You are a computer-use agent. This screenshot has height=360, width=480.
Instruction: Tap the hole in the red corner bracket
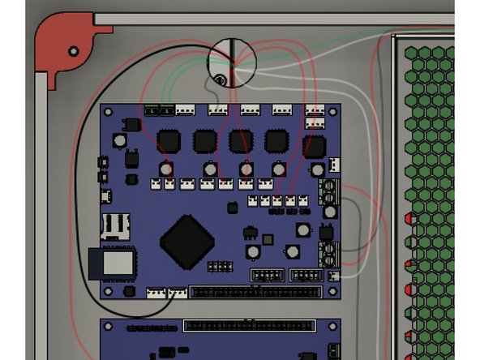point(74,51)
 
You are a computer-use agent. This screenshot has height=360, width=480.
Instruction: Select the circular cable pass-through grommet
point(232,62)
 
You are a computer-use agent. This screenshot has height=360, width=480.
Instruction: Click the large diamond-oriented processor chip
point(188,241)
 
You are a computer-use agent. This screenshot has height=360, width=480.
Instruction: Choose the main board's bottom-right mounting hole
point(333,291)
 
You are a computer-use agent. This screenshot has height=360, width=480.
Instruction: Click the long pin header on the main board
point(255,292)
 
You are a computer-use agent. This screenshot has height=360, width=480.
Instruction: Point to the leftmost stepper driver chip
point(168,141)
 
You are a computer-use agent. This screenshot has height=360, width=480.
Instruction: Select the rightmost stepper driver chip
point(314,147)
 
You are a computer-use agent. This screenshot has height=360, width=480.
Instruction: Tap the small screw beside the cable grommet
point(220,79)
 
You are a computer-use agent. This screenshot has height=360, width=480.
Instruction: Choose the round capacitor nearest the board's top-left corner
point(120,141)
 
